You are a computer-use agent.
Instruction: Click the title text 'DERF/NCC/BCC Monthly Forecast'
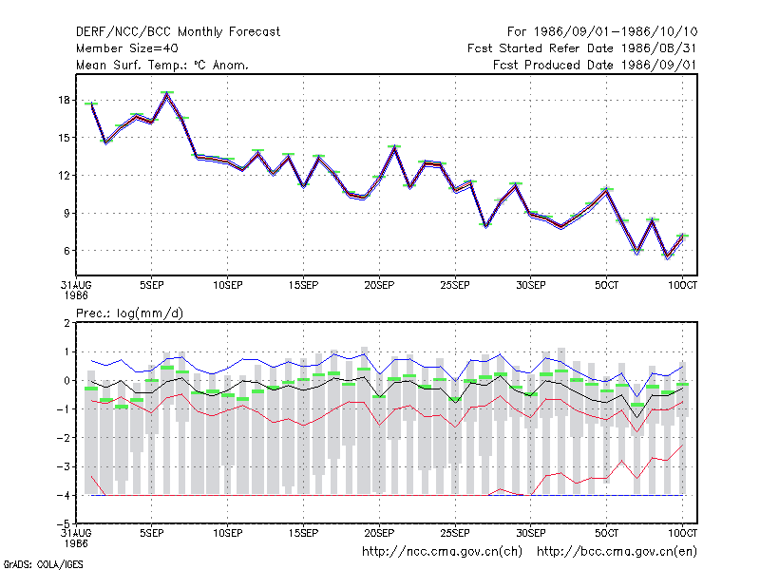click(x=178, y=32)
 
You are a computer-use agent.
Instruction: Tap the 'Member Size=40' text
click(x=127, y=48)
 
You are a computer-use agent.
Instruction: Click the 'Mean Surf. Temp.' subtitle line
click(x=162, y=65)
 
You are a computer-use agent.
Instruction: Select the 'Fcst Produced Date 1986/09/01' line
click(x=595, y=65)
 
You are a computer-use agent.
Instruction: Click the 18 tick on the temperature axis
click(x=64, y=101)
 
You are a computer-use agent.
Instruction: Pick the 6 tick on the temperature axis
click(x=66, y=251)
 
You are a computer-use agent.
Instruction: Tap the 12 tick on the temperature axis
click(x=64, y=176)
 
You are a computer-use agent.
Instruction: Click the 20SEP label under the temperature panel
click(x=379, y=285)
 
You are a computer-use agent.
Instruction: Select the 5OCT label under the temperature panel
click(x=606, y=285)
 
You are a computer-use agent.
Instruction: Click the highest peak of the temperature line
click(x=167, y=93)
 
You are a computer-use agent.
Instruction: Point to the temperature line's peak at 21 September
click(x=394, y=147)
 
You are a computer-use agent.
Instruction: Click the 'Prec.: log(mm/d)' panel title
click(x=129, y=313)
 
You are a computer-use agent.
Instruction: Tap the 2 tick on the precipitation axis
click(x=66, y=323)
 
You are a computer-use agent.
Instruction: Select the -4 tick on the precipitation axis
click(x=64, y=495)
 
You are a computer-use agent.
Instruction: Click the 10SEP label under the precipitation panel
click(x=228, y=533)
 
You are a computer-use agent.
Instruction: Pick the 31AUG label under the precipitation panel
click(x=76, y=533)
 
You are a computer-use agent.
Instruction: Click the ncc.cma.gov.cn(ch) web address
click(x=442, y=552)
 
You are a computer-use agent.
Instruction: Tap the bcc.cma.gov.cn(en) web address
click(x=617, y=552)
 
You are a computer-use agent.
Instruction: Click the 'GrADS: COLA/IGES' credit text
click(x=43, y=564)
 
